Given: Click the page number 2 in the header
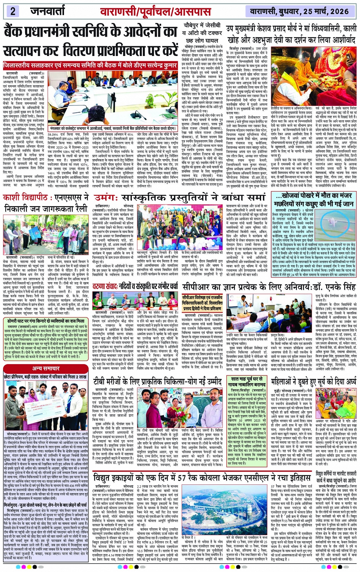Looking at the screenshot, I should [13, 11].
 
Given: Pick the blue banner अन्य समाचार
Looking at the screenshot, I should [45, 368].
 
